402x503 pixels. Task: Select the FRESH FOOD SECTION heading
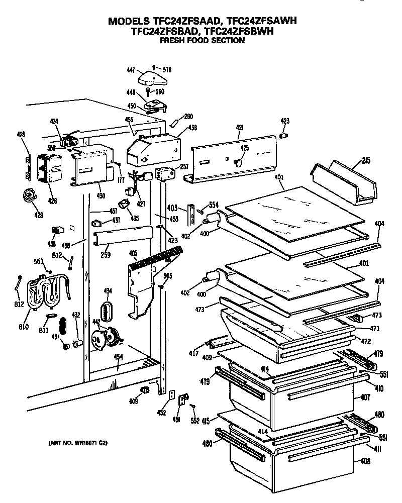(x=202, y=40)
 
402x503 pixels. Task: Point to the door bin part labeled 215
(x=344, y=183)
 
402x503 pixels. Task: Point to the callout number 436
(x=192, y=128)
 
